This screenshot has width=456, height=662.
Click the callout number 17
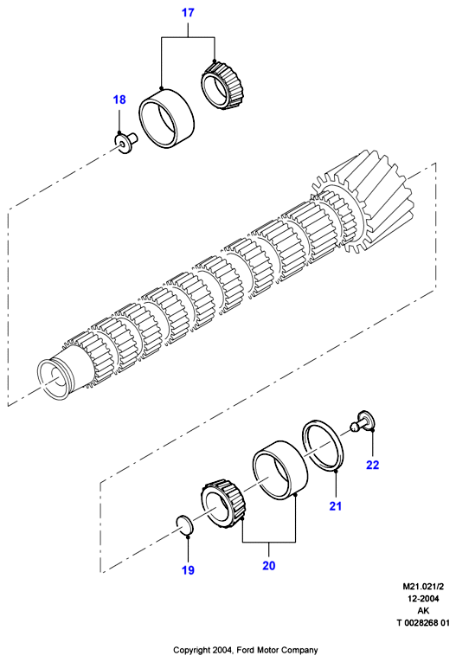click(x=188, y=13)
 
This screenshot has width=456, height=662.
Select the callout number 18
click(x=119, y=100)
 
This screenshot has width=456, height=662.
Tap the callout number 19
click(x=188, y=570)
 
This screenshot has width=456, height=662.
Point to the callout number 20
click(x=268, y=565)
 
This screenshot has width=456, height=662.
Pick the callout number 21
click(x=335, y=505)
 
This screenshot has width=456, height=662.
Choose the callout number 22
click(x=372, y=465)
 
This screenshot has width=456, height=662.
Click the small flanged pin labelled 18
click(x=126, y=142)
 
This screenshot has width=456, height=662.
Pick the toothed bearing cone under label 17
click(x=222, y=86)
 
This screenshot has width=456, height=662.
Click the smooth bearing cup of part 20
click(x=280, y=469)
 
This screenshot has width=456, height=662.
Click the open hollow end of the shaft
click(x=55, y=377)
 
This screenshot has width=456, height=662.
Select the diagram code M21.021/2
click(x=422, y=587)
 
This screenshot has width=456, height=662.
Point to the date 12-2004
click(x=422, y=599)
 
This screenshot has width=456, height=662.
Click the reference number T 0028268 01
click(x=422, y=623)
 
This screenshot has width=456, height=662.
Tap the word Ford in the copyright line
click(x=245, y=650)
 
